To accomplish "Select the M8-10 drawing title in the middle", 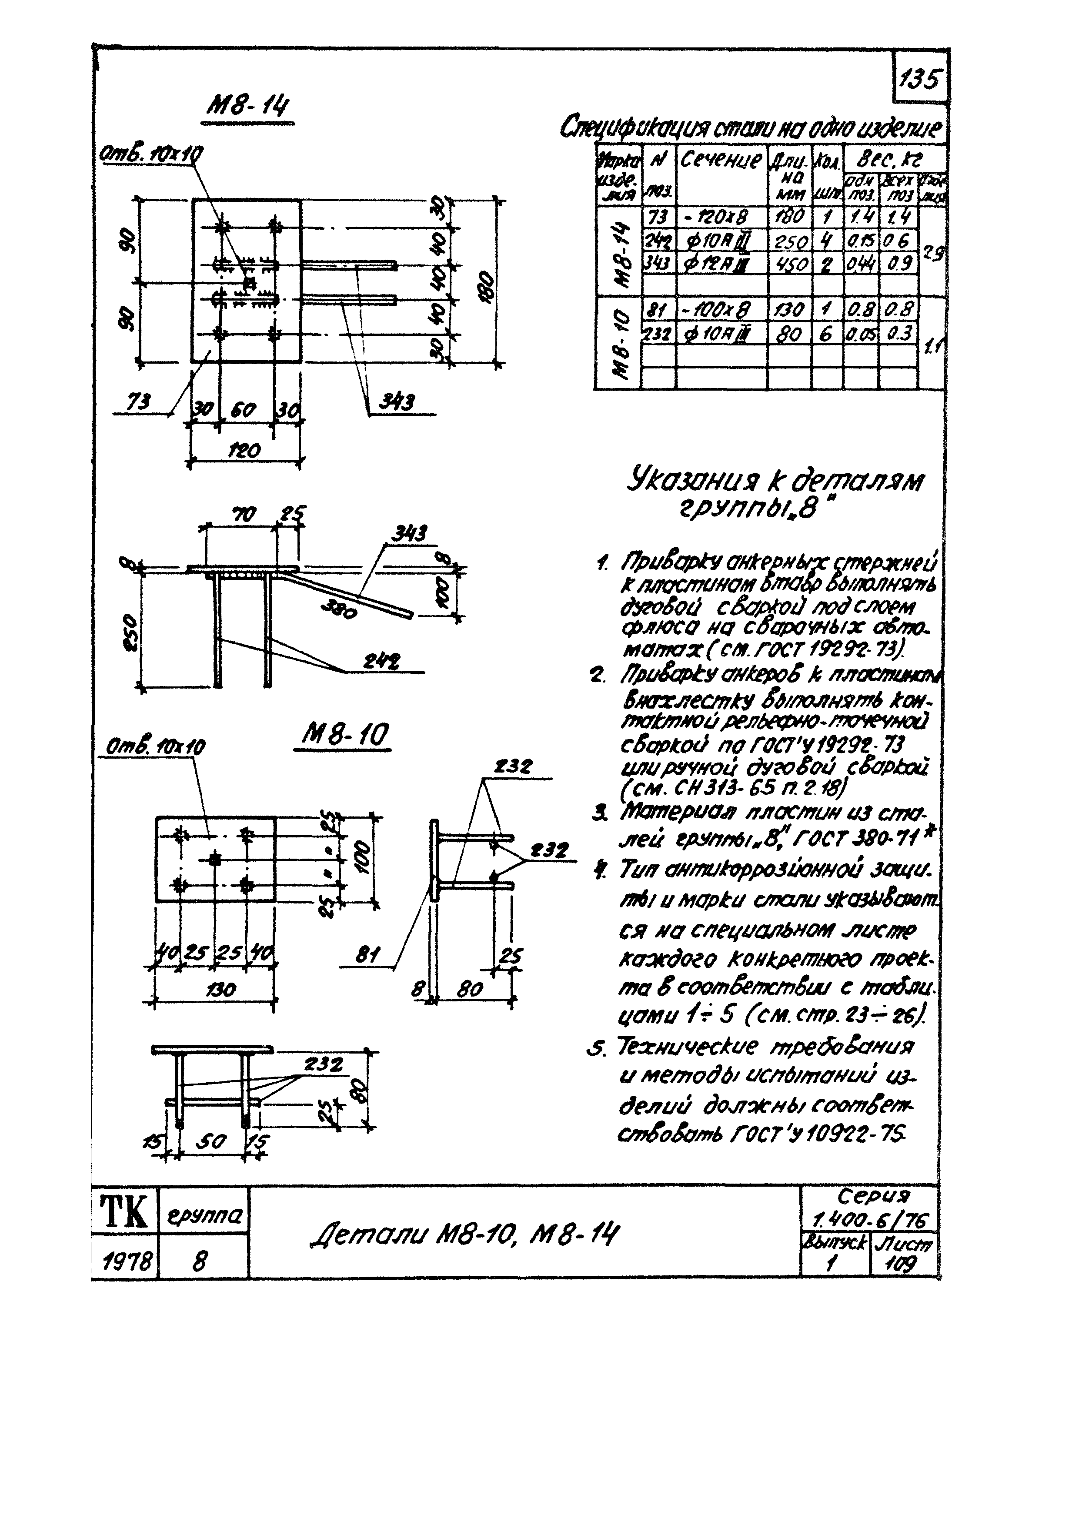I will coord(344,735).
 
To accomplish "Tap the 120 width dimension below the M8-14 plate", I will coord(244,451).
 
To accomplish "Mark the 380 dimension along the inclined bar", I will coord(338,607).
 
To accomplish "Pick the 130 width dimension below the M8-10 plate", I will coord(220,989).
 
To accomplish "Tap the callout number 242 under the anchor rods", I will coord(377,662).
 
